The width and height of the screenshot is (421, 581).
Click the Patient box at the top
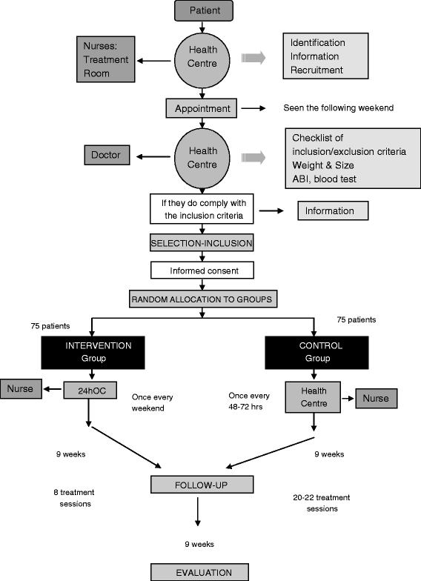[x=203, y=11]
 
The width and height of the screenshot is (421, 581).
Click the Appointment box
[x=202, y=108]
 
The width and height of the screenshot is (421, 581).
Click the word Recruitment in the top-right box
[x=316, y=70]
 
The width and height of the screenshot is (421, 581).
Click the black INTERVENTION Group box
[x=92, y=351]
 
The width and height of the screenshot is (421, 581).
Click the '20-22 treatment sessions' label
[x=321, y=503]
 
